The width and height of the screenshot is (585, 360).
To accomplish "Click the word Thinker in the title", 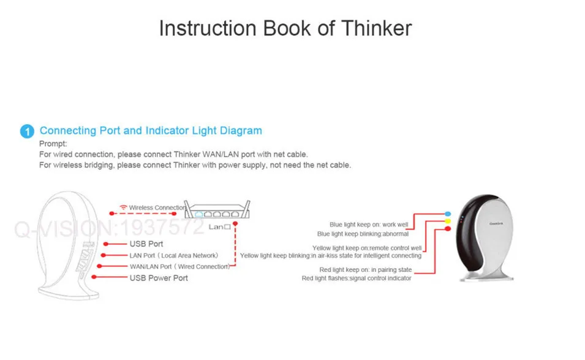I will click(x=377, y=29).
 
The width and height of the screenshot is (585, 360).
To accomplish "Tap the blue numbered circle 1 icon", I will click(x=27, y=132).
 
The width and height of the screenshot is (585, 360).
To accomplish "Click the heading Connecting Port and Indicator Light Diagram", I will click(x=151, y=130).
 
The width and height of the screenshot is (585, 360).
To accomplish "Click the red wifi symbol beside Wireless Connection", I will click(x=124, y=208).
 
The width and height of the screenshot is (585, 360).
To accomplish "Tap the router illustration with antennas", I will click(x=220, y=211).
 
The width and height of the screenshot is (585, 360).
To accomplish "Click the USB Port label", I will click(x=146, y=244).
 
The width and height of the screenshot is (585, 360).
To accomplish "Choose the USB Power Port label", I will click(x=159, y=278).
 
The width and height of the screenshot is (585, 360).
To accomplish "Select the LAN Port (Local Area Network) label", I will click(x=173, y=255).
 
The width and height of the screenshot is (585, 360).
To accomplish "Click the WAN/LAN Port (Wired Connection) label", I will click(x=179, y=266).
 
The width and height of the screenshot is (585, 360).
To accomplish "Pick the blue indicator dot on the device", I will click(x=448, y=214).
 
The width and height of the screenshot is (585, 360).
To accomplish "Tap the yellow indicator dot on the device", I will click(x=448, y=221).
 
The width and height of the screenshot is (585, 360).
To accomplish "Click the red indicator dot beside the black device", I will click(x=448, y=229).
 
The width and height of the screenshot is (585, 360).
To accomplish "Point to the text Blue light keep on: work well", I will click(x=369, y=225).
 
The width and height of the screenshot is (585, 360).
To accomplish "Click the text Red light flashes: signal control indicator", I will click(x=357, y=279).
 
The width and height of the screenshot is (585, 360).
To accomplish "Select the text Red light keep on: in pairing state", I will click(x=366, y=270).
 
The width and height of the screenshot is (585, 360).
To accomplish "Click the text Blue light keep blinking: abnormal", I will click(x=363, y=234).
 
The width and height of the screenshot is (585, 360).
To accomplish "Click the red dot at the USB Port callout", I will click(x=106, y=244).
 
